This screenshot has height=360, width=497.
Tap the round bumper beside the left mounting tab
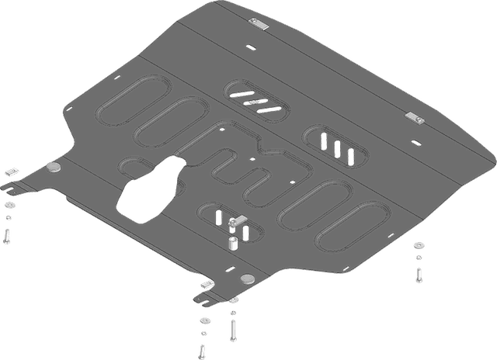click(x=54, y=168)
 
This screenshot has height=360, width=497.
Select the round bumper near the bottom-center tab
click(x=247, y=279)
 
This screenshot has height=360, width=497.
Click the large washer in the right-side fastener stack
click(x=418, y=247)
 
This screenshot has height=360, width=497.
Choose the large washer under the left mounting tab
click(x=9, y=205)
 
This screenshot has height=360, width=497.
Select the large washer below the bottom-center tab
click(x=203, y=320)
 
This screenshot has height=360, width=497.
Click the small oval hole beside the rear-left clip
click(x=249, y=47)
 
